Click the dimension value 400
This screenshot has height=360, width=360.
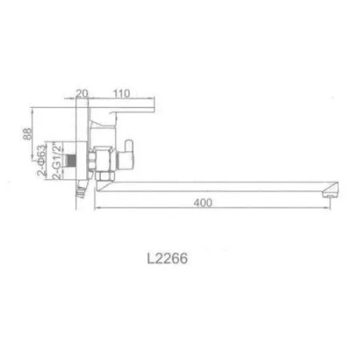point(203,203)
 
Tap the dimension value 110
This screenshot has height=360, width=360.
point(122,94)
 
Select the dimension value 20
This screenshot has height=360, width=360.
point(81,94)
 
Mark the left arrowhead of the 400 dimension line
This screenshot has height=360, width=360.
point(97,210)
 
